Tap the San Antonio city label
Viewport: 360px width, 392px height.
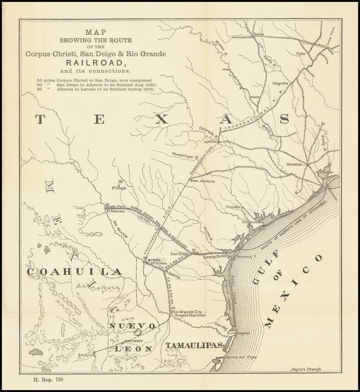click(x=203, y=181)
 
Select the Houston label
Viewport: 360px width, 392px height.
click(x=294, y=164)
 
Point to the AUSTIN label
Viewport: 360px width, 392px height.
click(x=211, y=142)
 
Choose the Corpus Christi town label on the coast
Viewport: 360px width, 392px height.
click(x=215, y=257)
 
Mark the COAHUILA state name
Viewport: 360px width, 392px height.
click(x=74, y=272)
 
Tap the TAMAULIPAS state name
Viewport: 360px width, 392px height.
click(x=194, y=346)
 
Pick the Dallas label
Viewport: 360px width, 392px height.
click(x=259, y=34)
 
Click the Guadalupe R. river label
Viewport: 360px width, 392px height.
click(x=185, y=154)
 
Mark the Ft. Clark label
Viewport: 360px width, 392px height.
click(x=118, y=188)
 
